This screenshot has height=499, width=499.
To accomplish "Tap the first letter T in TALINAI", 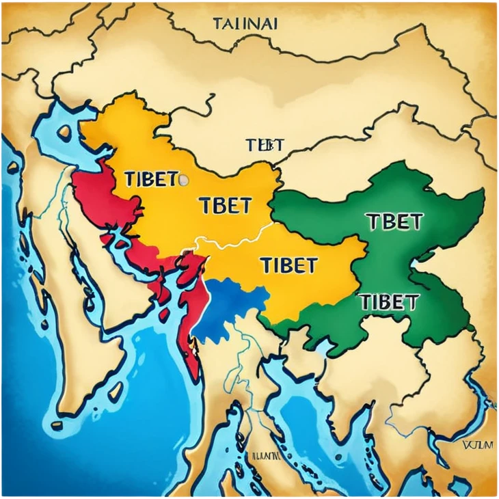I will (x=217, y=23).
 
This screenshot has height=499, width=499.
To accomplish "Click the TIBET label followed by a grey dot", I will (x=151, y=179).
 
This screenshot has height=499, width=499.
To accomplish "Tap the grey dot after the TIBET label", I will (x=183, y=180).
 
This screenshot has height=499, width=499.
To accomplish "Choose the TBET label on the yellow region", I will (x=225, y=206).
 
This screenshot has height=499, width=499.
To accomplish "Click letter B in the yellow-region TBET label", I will (x=219, y=206).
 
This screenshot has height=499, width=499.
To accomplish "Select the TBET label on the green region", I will (x=394, y=221).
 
